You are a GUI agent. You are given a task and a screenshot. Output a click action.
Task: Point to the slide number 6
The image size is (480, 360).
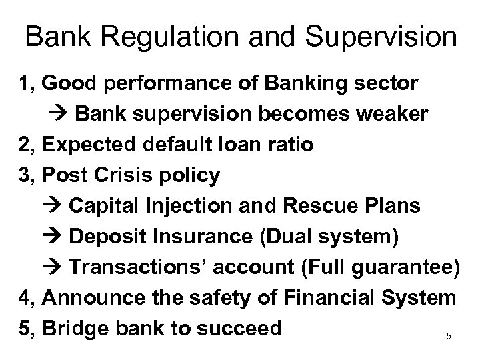449,337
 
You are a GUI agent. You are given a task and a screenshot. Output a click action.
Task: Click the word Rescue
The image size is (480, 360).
337,206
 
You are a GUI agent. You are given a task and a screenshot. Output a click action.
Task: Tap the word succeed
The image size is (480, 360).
243,329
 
